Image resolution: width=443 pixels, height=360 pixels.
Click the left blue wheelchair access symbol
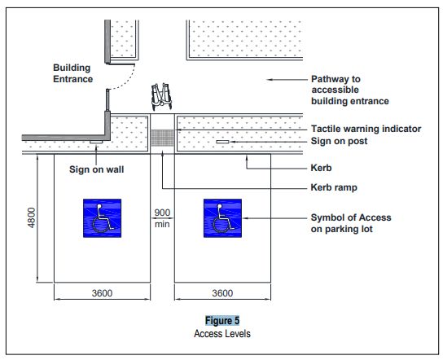coord(102,217)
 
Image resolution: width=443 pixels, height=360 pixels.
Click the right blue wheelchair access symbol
coord(221,217)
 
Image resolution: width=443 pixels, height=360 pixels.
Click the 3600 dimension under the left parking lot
coord(102,293)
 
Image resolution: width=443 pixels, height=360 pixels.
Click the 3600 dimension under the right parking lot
coord(221,293)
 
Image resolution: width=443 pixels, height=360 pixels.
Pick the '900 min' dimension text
coord(161,217)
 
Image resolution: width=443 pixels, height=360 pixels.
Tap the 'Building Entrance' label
coord(74,73)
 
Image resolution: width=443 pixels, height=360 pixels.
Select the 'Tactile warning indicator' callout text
coord(366,129)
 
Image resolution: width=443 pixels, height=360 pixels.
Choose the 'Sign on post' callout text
coord(340,141)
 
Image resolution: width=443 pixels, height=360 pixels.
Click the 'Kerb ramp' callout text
coord(335,187)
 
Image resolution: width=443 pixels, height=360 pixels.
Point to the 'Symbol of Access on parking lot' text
coord(351,223)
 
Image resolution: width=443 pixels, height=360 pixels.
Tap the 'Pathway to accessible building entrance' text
coord(350,90)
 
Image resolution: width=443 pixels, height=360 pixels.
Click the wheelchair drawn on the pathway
coord(163,95)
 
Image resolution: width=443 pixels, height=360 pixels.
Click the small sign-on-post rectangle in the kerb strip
coord(222,142)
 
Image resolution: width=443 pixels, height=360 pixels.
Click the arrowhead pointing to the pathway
coord(270,79)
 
